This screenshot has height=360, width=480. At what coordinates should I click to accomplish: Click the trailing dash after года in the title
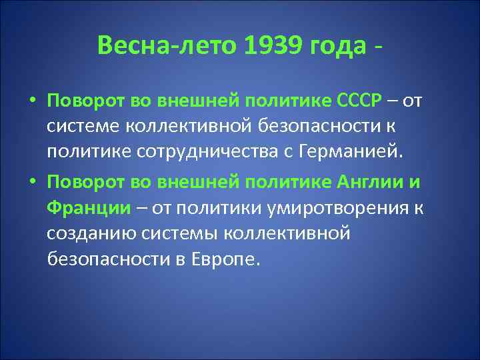(379, 46)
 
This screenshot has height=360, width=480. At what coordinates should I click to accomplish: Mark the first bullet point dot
(32, 100)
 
